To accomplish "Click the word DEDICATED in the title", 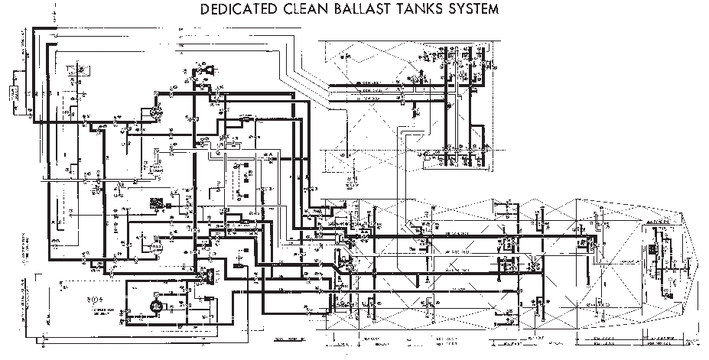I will click(x=238, y=10).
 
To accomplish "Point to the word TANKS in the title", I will click(x=422, y=10).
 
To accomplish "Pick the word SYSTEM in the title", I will click(x=476, y=10).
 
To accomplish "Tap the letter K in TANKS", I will click(x=433, y=10).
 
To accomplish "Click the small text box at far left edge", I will click(x=14, y=93).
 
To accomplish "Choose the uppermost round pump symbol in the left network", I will click(x=156, y=112).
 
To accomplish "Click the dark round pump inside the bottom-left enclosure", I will click(x=153, y=305).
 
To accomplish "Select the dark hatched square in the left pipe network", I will click(x=158, y=204).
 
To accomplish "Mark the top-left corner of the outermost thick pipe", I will click(x=34, y=30).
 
